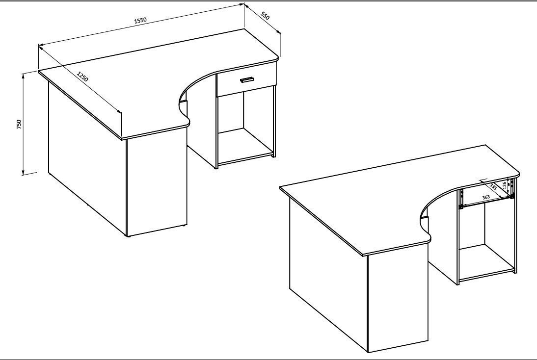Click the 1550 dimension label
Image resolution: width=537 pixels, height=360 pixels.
[140, 20]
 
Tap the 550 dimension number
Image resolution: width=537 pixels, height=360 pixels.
[266, 16]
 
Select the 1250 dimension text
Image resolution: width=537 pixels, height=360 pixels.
[82, 77]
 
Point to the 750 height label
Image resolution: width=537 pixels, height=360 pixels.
[19, 124]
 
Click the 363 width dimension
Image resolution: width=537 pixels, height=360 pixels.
[485, 198]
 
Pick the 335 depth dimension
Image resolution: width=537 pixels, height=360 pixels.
[493, 187]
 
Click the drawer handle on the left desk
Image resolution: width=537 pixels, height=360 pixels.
[246, 79]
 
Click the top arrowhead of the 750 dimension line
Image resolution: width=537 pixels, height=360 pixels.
[23, 76]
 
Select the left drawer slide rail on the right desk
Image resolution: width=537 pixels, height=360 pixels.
[462, 199]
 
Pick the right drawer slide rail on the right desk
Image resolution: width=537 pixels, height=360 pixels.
[512, 189]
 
